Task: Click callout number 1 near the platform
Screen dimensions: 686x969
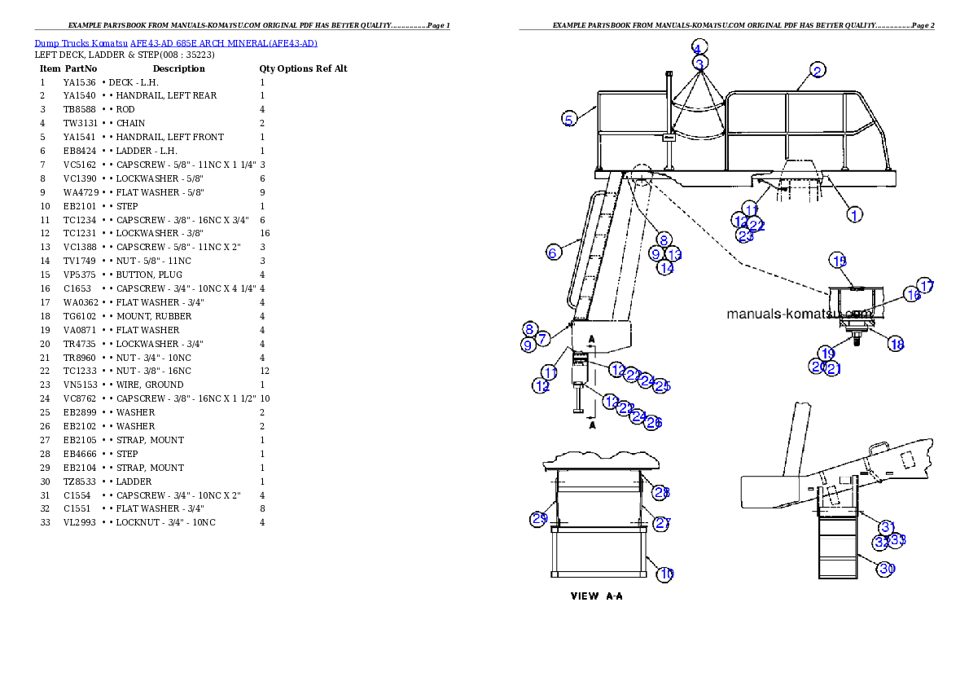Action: pos(854,214)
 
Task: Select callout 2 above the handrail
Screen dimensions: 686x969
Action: pos(818,69)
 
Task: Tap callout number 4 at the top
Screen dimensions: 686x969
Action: pos(699,46)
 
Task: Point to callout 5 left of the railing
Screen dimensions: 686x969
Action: pos(570,119)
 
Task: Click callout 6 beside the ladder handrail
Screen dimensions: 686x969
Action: pos(553,253)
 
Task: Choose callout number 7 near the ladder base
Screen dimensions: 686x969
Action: pos(543,337)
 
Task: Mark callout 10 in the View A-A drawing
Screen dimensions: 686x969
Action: pos(666,574)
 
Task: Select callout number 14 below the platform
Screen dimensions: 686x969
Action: pos(666,266)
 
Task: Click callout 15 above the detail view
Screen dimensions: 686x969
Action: pos(839,261)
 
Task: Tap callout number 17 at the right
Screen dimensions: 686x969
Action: pos(926,287)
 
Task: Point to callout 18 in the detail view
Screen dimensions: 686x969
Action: pos(896,345)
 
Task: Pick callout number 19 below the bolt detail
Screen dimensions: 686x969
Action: pos(826,353)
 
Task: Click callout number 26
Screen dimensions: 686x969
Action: pos(653,422)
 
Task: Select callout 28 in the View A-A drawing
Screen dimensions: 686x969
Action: pos(662,492)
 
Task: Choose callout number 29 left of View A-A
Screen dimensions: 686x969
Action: pos(538,519)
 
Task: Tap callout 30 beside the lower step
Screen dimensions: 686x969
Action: pos(886,569)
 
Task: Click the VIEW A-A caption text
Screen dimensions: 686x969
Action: pos(596,596)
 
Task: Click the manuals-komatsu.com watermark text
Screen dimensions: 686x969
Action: pos(798,314)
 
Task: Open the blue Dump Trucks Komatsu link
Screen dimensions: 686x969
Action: pos(176,43)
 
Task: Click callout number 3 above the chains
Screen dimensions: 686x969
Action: pos(700,62)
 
